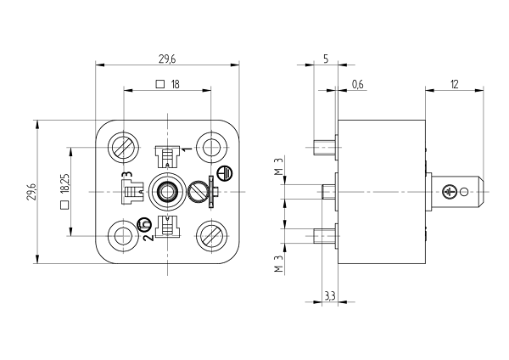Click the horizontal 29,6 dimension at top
[167, 59]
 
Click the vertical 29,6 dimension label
[32, 192]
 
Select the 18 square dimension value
[175, 84]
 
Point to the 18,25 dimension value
[64, 184]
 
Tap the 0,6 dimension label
[358, 84]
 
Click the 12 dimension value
[455, 84]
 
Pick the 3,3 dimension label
[330, 296]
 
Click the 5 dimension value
[326, 59]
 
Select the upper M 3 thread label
[279, 166]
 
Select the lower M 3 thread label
[279, 263]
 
